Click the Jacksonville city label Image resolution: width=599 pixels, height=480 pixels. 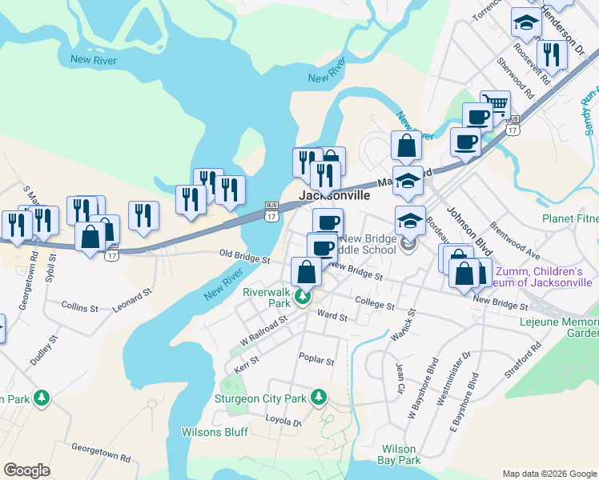[x=335, y=195]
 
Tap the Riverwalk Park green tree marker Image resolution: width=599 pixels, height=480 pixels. [x=303, y=298]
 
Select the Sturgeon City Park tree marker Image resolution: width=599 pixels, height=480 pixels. [x=319, y=397]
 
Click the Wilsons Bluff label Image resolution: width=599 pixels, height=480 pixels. [x=214, y=432]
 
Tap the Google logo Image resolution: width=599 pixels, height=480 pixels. [x=26, y=470]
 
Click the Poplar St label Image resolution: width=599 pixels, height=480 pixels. [x=316, y=361]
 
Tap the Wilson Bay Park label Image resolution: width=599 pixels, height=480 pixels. [x=401, y=454]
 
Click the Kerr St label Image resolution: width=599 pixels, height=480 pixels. [x=247, y=361]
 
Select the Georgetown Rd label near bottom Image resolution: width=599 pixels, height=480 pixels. [x=101, y=453]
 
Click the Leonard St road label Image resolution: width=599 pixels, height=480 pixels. [x=131, y=300]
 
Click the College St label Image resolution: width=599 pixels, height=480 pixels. [x=375, y=305]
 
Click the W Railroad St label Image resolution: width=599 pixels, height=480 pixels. [x=263, y=330]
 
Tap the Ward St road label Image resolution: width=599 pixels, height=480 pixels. [x=332, y=317]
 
